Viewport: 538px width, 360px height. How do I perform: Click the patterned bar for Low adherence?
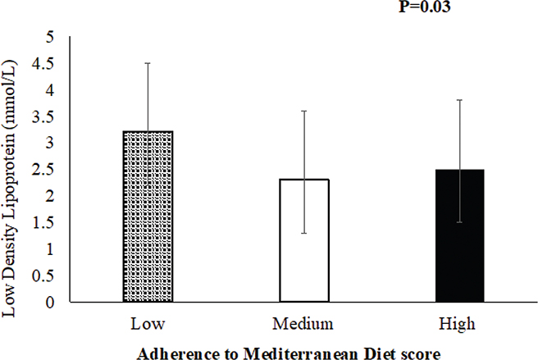[148, 216]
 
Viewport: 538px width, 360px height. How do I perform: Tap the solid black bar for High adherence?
[460, 235]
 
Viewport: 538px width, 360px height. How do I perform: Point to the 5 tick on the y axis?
[50, 37]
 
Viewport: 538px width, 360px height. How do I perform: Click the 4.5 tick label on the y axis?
[45, 63]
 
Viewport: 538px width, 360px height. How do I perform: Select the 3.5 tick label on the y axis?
[45, 116]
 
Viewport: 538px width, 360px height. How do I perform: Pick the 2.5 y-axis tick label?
[45, 169]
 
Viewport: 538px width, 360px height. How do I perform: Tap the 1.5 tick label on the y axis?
[45, 222]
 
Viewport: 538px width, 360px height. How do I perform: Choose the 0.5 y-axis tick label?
[45, 276]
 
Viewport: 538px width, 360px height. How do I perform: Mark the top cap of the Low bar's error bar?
[148, 63]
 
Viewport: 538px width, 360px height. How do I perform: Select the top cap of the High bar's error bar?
[460, 100]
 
